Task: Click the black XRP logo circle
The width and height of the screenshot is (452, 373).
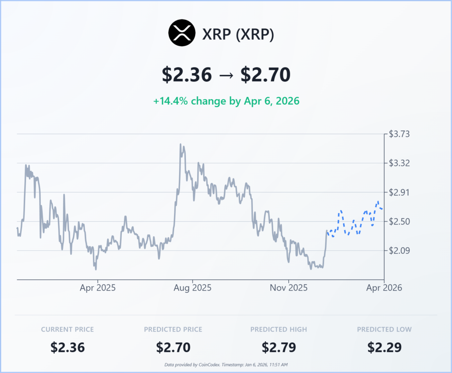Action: point(182,34)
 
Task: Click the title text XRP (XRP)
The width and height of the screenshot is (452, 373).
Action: point(238,34)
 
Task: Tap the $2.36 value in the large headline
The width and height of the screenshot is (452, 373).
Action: point(186,75)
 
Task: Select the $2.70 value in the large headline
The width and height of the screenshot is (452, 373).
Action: point(265,75)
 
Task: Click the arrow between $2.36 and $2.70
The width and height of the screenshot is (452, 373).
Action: point(226,75)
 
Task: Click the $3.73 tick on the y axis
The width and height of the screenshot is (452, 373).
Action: point(399,134)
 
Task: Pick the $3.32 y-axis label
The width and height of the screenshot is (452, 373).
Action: point(399,163)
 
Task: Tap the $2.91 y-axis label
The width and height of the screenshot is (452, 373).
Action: point(399,192)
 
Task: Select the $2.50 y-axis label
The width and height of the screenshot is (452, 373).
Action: point(399,222)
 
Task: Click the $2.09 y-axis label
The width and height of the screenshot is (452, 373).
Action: point(399,251)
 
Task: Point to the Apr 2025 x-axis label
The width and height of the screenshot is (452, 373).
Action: point(97,288)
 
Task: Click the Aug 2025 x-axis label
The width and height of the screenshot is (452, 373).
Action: point(192,288)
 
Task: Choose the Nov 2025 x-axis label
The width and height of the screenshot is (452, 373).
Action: point(289,288)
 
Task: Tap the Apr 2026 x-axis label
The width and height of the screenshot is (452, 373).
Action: point(384,288)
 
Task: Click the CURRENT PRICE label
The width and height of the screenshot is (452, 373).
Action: point(68,329)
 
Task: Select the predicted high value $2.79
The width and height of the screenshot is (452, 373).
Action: point(279,347)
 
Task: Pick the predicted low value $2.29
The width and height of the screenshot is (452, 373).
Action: point(384,347)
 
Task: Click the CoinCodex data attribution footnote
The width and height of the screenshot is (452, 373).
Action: point(226,365)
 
